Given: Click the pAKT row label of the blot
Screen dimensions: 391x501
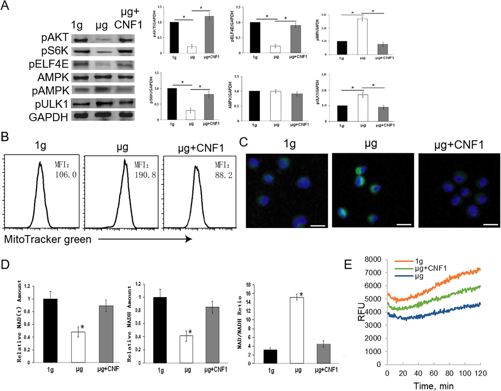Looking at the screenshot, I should [55, 38].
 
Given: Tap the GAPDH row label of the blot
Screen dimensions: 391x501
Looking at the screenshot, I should [49, 117].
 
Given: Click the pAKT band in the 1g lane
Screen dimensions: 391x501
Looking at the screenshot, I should [81, 40].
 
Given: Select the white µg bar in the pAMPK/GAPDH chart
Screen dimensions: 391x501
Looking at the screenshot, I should [362, 37].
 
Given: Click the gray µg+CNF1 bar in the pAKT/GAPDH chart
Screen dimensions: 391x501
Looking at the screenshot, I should [209, 35].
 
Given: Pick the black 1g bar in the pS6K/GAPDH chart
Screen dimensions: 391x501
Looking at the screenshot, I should [172, 104].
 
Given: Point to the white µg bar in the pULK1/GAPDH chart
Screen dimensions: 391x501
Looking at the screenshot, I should [363, 108].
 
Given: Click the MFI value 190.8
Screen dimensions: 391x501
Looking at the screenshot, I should [145, 175].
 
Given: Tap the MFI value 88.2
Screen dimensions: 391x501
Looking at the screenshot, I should [224, 175].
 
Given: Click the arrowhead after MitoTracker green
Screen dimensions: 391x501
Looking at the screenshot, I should [188, 239].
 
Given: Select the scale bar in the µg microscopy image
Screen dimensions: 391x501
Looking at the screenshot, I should [404, 225].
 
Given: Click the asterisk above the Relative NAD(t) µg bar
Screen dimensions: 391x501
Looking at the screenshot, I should [82, 327].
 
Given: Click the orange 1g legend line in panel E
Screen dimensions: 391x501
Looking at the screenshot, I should [404, 261].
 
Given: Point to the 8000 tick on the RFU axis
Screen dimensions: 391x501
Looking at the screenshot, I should [373, 260].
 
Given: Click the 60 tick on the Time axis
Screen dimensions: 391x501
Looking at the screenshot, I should [434, 373].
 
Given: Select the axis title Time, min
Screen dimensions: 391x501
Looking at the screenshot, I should [433, 386].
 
